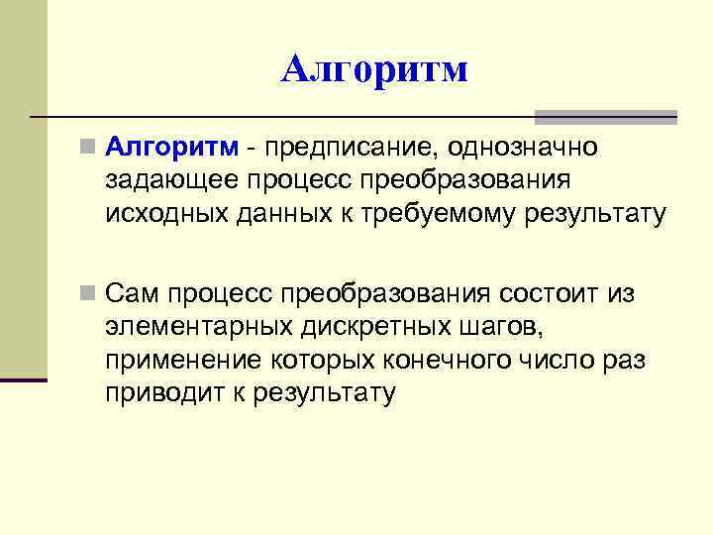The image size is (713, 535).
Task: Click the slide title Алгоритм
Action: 373,69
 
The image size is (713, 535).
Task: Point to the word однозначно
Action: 522,148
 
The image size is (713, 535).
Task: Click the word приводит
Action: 164,392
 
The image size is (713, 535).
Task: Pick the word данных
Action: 290,213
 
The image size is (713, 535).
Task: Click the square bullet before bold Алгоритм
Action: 90,149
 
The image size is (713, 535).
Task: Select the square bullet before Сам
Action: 90,294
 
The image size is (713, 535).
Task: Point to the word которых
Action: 322,359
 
